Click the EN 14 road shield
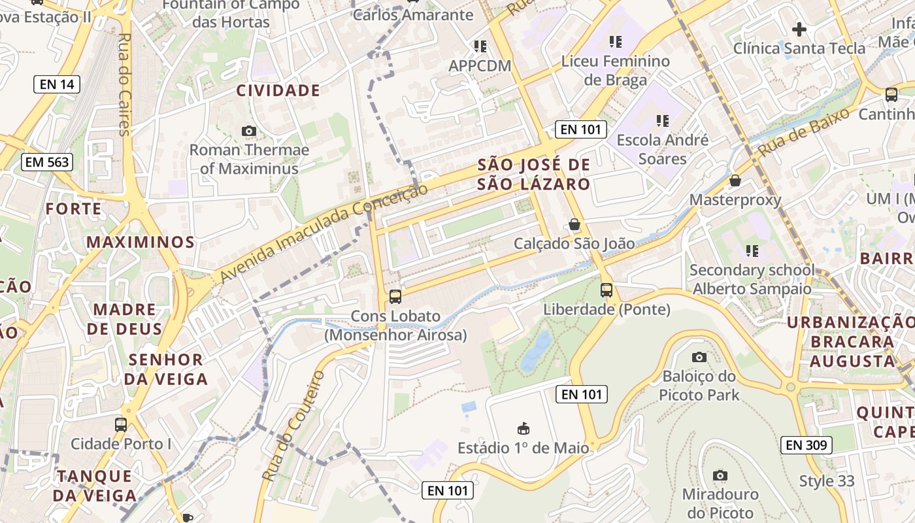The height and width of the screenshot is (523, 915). tap(57, 84)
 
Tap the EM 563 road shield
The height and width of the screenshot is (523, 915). tap(46, 162)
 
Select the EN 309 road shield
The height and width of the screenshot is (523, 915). tap(807, 445)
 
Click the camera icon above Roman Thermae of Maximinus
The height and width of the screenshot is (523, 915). tap(249, 131)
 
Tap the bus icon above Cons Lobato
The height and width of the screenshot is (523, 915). tap(395, 296)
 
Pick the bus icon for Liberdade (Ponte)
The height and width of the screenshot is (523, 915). tap(607, 290)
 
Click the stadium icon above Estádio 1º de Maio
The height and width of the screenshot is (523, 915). tap(523, 429)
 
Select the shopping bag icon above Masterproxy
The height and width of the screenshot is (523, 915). tap(735, 180)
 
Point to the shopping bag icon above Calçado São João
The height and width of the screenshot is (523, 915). tap(574, 224)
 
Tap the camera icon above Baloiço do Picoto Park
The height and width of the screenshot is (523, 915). tap(699, 357)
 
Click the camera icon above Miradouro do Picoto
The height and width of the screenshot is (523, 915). tap(720, 475)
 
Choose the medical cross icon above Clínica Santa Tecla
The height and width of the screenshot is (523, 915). tap(799, 29)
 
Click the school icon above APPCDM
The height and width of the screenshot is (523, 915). tap(480, 46)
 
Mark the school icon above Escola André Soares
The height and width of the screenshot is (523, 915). tap(663, 121)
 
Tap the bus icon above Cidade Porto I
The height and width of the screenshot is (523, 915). tap(121, 424)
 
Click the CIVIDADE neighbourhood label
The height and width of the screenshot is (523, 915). tap(278, 91)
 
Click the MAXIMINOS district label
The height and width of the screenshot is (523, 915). tap(141, 243)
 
